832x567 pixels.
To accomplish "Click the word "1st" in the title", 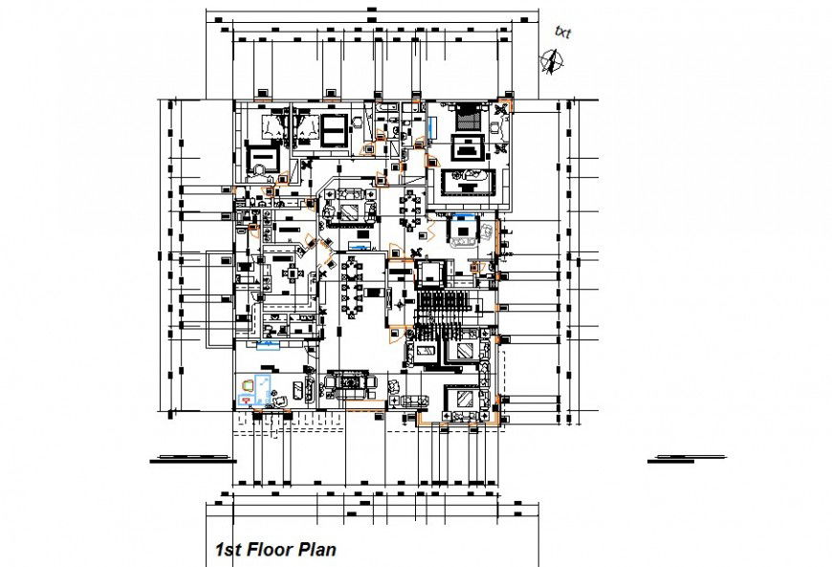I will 229,550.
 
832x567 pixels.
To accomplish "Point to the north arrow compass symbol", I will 551,61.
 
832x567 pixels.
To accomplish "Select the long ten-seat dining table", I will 350,286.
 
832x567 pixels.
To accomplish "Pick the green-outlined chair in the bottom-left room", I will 247,384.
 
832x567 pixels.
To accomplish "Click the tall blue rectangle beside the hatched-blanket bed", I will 433,125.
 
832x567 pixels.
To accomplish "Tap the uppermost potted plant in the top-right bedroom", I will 502,109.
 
